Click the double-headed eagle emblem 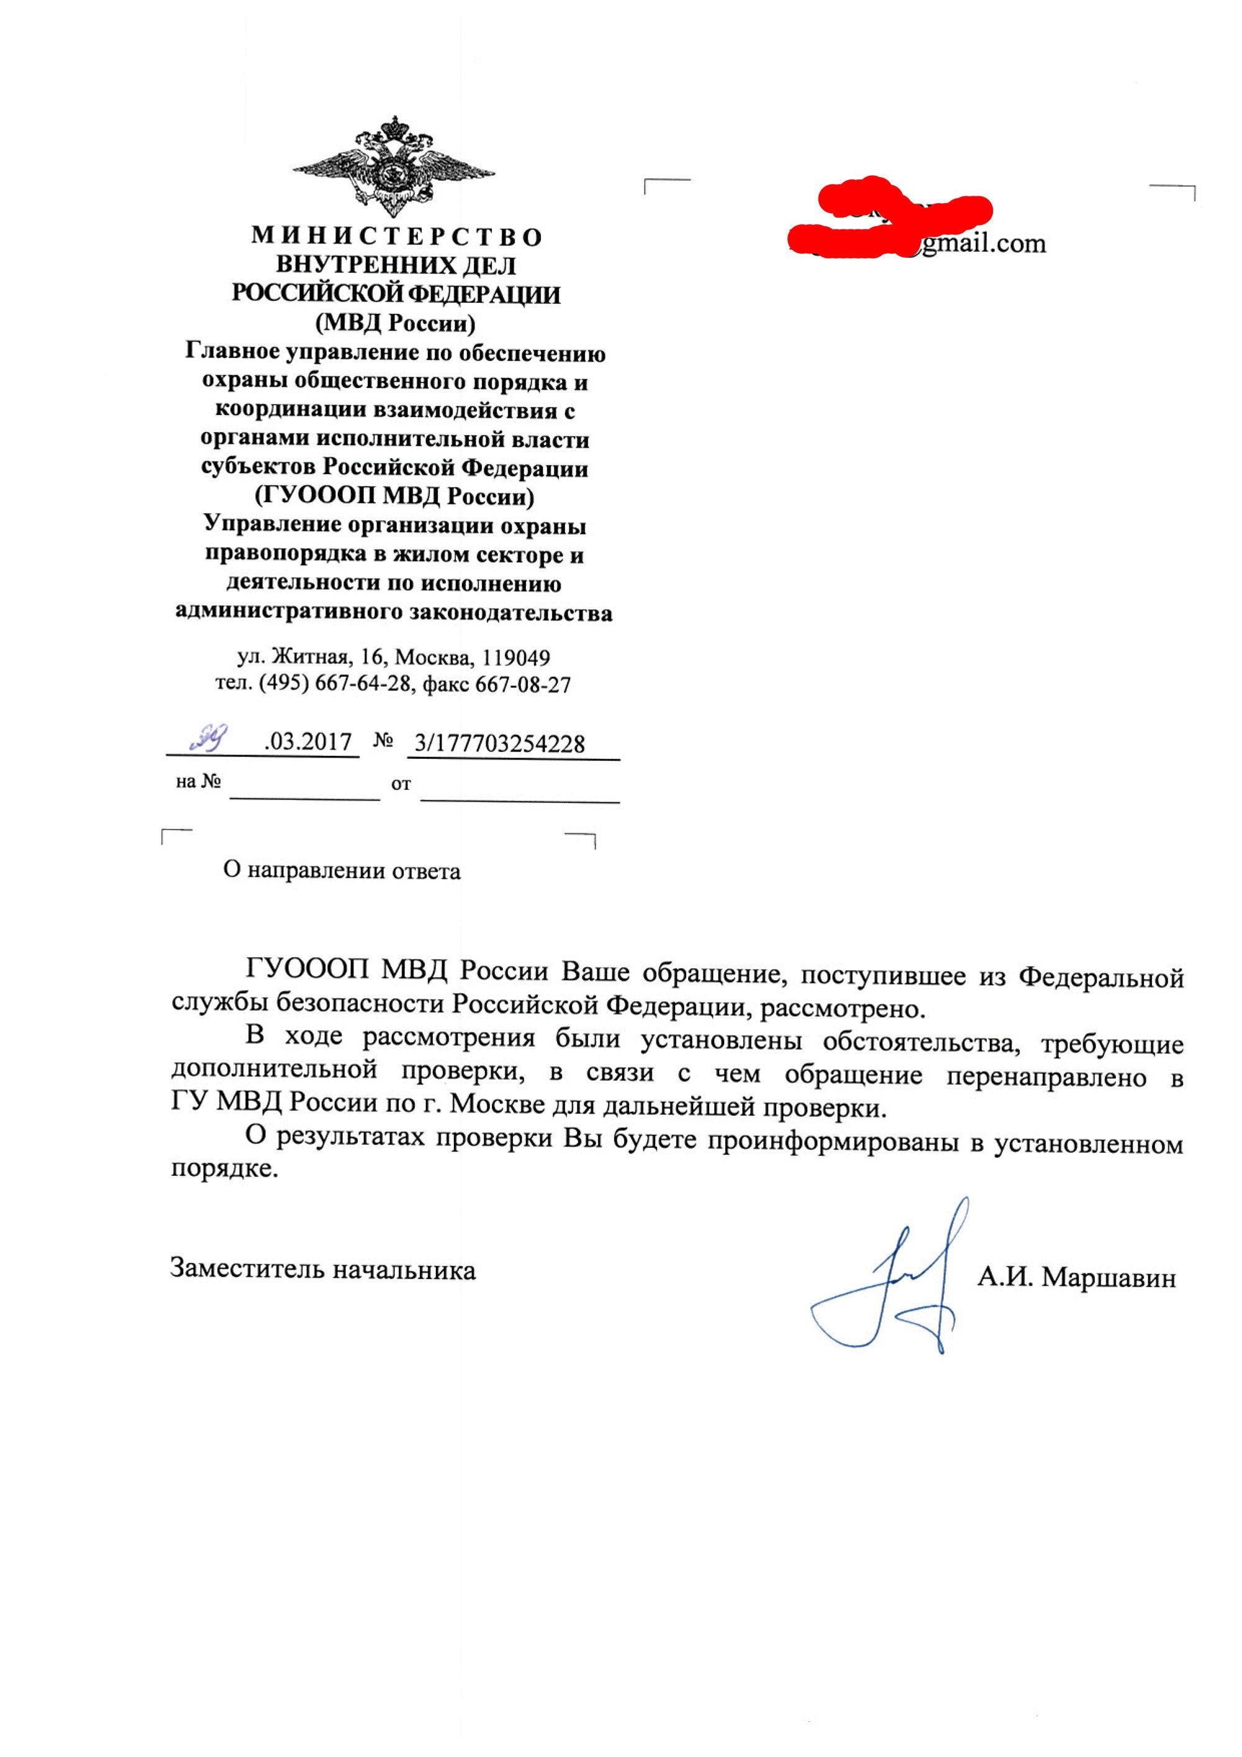click(394, 167)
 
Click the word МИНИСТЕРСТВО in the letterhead click(396, 236)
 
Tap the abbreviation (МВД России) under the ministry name click(396, 323)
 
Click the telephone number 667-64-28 click(363, 684)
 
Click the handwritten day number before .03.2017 click(208, 737)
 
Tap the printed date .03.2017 click(307, 741)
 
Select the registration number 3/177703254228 click(499, 743)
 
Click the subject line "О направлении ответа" click(342, 871)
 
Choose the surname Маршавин click(1109, 1278)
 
